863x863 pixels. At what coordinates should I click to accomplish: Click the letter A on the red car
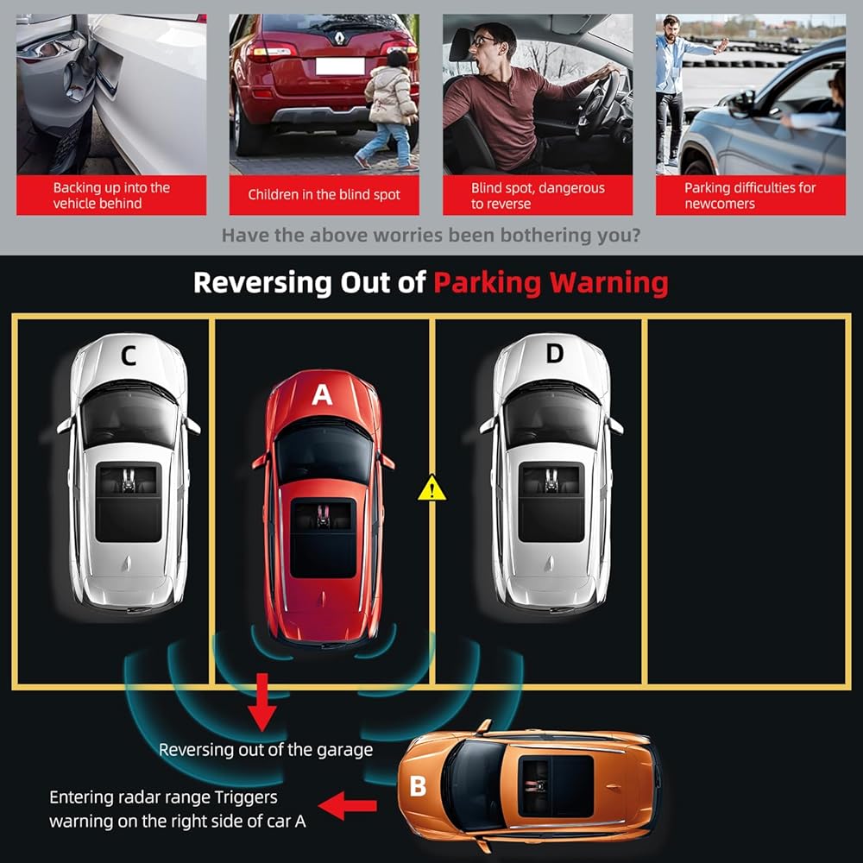tap(322, 394)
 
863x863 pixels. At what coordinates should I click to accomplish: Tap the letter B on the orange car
tap(418, 785)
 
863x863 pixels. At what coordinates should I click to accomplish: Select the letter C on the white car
tap(129, 356)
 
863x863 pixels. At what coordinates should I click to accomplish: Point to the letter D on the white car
tap(554, 353)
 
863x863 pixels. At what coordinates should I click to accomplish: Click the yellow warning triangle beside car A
tap(432, 488)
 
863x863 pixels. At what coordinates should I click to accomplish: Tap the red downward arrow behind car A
tap(262, 702)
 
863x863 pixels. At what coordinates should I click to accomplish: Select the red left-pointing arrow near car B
tap(347, 806)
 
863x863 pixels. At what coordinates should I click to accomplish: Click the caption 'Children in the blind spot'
tap(324, 194)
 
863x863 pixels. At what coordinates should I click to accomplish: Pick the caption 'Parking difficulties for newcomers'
tap(750, 195)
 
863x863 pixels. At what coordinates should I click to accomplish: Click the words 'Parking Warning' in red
tap(551, 282)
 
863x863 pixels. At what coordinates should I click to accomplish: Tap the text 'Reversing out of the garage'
tap(265, 750)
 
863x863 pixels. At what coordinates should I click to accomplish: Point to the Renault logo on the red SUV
tap(340, 37)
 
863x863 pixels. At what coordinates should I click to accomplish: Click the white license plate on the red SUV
tap(340, 66)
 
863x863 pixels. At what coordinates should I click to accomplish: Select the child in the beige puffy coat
tap(389, 109)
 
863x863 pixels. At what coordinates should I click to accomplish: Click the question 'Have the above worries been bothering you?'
tap(431, 236)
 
